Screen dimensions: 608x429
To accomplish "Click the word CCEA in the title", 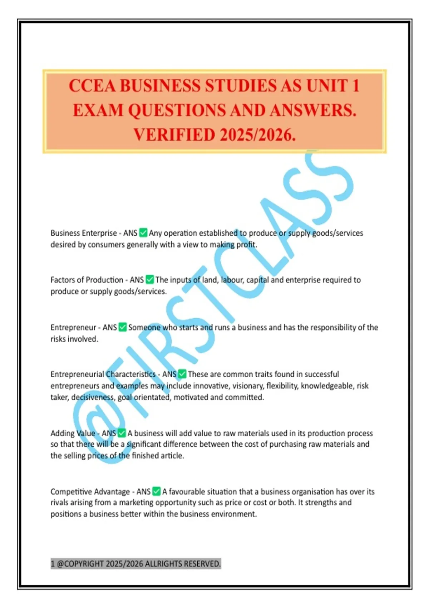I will [92, 86].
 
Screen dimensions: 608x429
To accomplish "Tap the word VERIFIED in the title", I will [174, 135].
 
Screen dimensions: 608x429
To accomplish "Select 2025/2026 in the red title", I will [257, 135].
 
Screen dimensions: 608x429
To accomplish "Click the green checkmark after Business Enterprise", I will [143, 233].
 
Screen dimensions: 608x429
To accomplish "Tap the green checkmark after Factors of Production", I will [150, 280].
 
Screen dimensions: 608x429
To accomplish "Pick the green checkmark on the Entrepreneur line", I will [123, 327].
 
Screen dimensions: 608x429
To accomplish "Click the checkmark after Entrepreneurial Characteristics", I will [182, 374].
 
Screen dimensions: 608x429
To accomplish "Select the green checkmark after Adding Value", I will [122, 433].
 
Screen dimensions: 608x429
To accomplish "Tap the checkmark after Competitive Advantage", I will [156, 491].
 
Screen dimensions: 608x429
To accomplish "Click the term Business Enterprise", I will [83, 233].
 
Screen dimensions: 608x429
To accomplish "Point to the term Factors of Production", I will [87, 280].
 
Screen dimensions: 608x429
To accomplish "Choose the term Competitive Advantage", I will [90, 492].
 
